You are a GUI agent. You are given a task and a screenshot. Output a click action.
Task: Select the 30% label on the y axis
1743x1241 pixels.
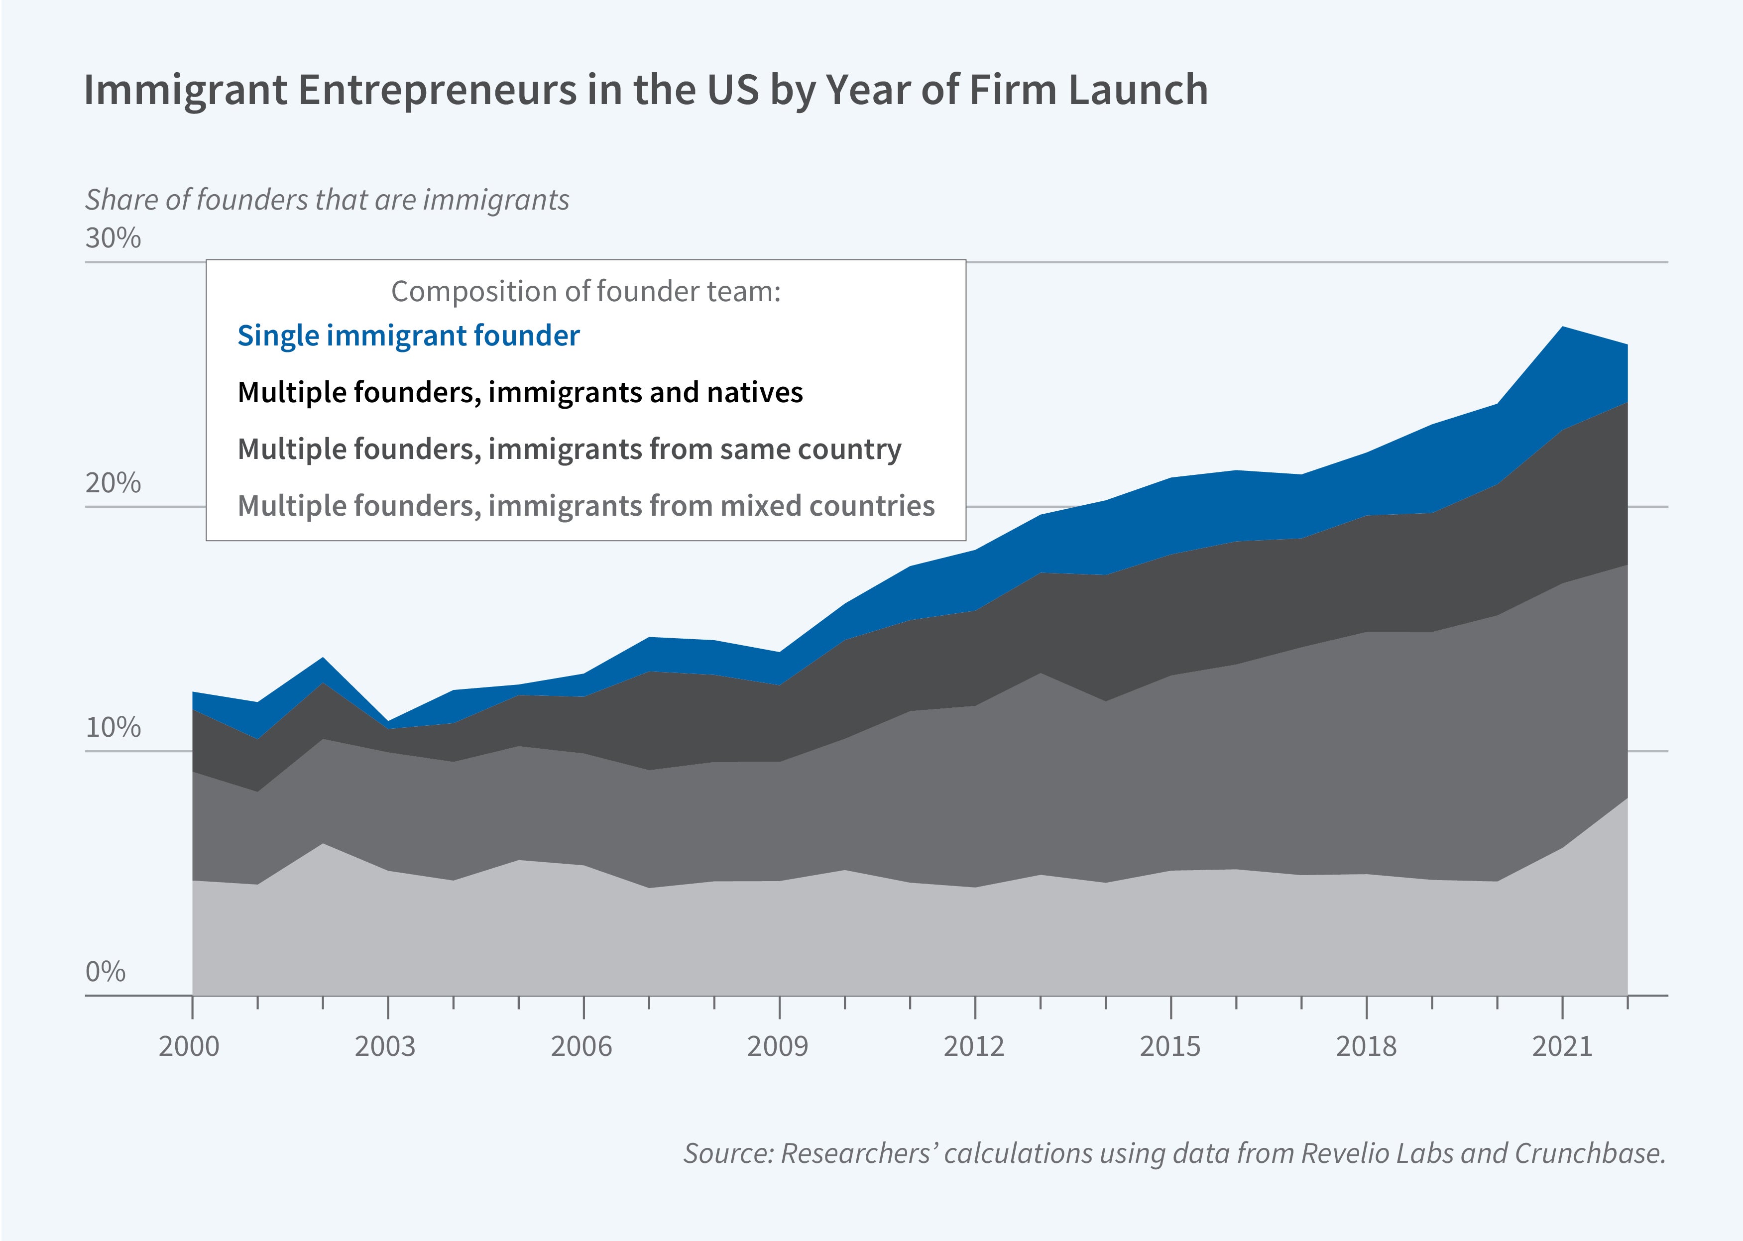point(113,238)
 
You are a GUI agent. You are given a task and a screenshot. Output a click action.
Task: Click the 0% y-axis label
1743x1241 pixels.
point(106,972)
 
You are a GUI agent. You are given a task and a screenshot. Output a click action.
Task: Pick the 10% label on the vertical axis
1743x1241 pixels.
point(113,727)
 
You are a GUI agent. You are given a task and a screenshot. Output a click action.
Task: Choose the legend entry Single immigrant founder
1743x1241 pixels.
point(408,336)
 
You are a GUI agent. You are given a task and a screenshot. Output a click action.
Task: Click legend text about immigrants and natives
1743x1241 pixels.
point(520,393)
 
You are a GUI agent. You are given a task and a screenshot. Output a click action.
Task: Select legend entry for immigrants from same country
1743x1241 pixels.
point(569,450)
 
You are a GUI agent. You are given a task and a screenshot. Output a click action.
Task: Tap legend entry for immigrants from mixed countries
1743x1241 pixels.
point(585,506)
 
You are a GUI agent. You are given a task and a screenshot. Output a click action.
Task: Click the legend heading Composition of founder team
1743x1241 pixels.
point(585,291)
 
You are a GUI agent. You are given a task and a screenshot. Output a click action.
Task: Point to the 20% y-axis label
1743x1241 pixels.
point(113,483)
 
